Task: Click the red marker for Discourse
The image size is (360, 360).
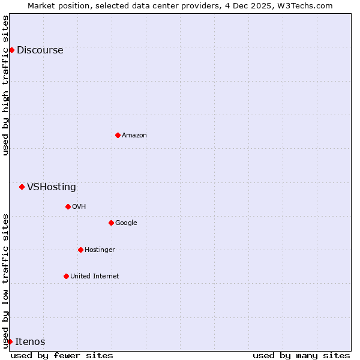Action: click(x=11, y=50)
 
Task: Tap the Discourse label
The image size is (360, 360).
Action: click(x=40, y=50)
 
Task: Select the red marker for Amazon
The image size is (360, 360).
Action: click(x=118, y=135)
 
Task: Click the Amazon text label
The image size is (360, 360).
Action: click(x=134, y=136)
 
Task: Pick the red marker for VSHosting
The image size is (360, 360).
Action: click(x=22, y=187)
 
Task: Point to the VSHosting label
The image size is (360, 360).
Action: click(x=52, y=187)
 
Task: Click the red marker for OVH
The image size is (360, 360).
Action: click(x=68, y=206)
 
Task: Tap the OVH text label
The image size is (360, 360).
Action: click(x=79, y=207)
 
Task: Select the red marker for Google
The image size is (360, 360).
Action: click(x=111, y=223)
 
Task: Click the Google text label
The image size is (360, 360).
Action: click(x=126, y=223)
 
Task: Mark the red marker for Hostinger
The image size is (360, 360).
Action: click(x=80, y=250)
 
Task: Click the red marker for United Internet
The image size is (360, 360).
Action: click(x=66, y=276)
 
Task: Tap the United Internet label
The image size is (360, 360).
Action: click(x=94, y=277)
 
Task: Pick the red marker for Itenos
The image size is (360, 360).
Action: click(x=10, y=341)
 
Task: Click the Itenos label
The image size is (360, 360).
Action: click(x=30, y=342)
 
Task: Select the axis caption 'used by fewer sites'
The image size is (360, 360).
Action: click(x=62, y=355)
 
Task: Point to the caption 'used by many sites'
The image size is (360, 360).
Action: click(x=301, y=355)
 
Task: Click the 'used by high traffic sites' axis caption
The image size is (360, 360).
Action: click(x=5, y=85)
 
